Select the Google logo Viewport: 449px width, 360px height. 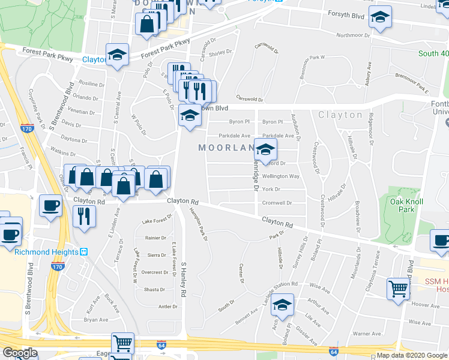pos(20,353)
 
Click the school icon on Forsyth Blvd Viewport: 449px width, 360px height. pos(379,18)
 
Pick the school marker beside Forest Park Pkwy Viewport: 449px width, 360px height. pos(118,55)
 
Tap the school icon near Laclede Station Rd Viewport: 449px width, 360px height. pos(282,305)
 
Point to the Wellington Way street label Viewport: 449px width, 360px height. pos(280,176)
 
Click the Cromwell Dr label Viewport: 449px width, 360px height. pos(277,203)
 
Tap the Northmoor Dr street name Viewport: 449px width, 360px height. pos(352,35)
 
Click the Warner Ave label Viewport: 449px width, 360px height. pos(367,334)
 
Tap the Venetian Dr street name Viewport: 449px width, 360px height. pos(82,111)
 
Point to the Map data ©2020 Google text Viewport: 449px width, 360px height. pos(412,355)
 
